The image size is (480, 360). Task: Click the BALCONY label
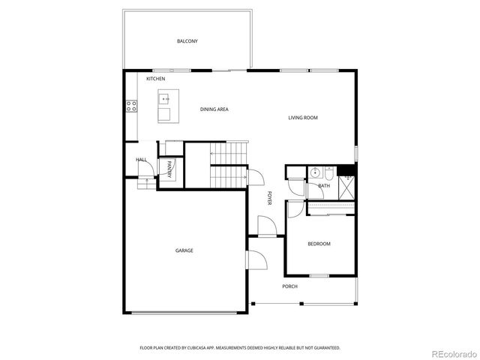187,40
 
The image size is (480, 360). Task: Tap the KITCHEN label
156,79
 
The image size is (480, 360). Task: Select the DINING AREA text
214,109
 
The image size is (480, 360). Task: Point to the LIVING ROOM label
303,118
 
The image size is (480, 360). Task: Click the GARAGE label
184,250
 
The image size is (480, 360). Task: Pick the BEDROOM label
319,244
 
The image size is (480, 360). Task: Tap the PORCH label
289,286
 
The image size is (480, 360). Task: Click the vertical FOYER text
269,199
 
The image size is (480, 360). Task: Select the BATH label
324,185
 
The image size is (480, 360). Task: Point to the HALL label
141,160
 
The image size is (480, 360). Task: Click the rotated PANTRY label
169,169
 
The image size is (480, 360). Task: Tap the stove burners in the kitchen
131,106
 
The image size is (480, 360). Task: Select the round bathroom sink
316,172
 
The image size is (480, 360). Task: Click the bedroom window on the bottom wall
320,276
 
